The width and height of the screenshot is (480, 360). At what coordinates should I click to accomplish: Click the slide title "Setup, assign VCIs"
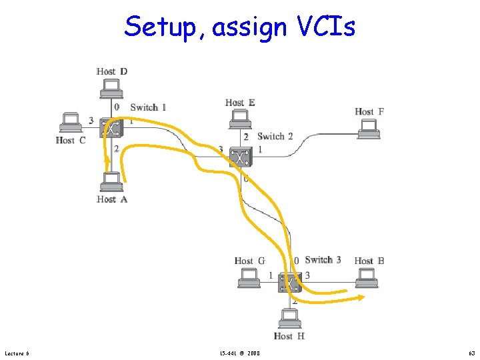(x=239, y=27)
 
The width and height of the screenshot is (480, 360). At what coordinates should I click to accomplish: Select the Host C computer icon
(x=70, y=123)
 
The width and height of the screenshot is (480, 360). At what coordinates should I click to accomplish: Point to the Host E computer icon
(x=239, y=119)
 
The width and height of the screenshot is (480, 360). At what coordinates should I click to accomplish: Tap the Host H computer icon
(x=289, y=319)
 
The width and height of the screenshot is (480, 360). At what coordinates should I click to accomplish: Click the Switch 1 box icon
(x=109, y=127)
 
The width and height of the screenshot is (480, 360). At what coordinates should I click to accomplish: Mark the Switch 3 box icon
(x=289, y=283)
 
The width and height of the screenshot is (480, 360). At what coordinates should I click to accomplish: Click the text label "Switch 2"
(x=275, y=136)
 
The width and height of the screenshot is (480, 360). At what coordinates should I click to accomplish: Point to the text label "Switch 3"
(x=323, y=260)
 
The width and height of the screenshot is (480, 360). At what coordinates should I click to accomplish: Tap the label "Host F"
(x=369, y=112)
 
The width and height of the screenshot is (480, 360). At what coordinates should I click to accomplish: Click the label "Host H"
(x=289, y=336)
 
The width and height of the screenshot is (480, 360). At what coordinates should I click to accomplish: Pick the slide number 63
(x=471, y=353)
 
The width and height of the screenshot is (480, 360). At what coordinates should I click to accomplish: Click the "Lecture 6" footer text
(x=17, y=353)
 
